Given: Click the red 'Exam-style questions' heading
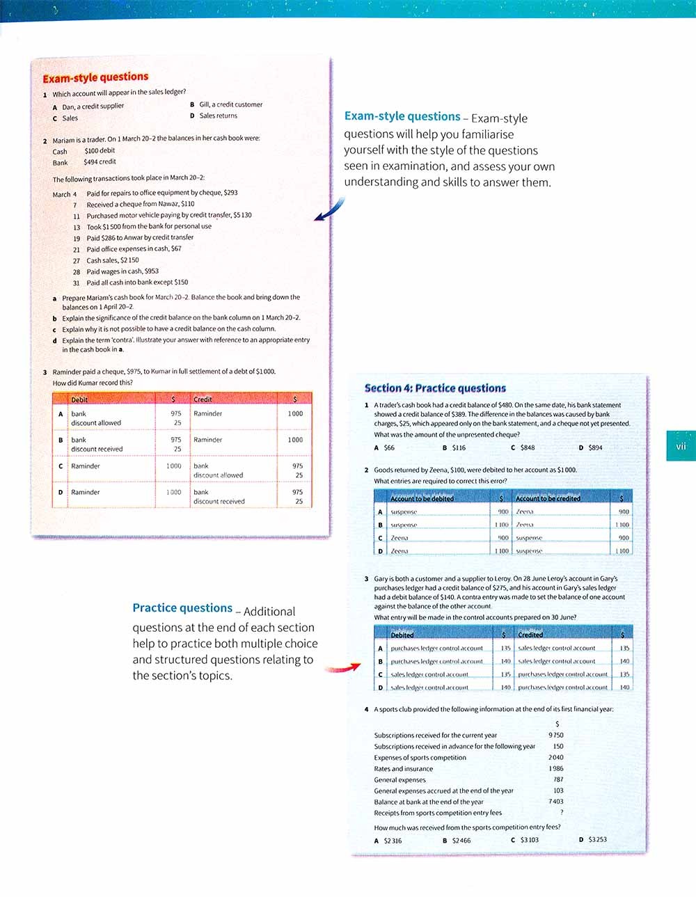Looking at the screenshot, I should tap(95, 77).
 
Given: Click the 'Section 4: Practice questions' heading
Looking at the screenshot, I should tap(435, 388).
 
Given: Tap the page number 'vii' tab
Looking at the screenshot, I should tap(680, 446).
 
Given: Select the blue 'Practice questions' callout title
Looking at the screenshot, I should tap(182, 608).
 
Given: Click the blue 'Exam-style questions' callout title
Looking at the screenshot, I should tap(402, 117).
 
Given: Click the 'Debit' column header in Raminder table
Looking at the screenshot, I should tap(79, 399).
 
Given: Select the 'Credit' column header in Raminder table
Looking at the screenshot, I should tap(203, 399).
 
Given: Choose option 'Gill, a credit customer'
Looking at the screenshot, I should tap(230, 104).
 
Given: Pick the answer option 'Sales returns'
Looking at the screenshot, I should tap(218, 116).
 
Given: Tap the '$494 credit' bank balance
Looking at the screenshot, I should tap(100, 162).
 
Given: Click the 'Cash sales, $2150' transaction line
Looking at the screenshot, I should tap(112, 260).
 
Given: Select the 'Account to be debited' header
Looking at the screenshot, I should tap(422, 498).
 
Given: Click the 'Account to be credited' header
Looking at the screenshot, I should tap(548, 498).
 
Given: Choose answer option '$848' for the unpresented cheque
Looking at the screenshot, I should tap(527, 447).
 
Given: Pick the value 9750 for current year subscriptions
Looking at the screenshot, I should tap(555, 735).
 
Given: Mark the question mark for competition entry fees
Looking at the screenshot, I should tap(561, 812).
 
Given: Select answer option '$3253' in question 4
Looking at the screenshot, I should tap(596, 839).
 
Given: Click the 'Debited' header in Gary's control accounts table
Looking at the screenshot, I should tap(402, 635).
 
